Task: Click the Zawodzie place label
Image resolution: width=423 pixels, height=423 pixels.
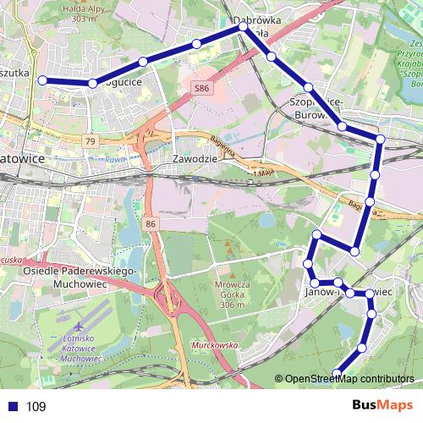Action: coord(195,158)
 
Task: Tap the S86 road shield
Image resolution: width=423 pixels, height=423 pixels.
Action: coord(201,87)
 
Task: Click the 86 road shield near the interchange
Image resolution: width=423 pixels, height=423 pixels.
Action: coord(151,223)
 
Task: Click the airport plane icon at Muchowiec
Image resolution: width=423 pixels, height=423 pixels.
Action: coord(79,324)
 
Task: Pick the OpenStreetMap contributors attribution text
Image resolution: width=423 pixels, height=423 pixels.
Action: coord(349,379)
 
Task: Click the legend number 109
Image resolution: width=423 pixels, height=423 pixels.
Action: coord(36,407)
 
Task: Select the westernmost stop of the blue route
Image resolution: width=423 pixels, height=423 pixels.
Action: coord(41,81)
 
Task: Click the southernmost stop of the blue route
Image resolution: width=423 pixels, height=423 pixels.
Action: coord(337,373)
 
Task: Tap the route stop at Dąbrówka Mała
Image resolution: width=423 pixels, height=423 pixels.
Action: coord(244,27)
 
